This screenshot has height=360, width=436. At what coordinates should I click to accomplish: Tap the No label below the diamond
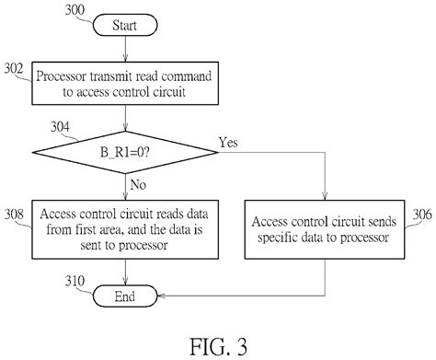pyautogui.click(x=137, y=184)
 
